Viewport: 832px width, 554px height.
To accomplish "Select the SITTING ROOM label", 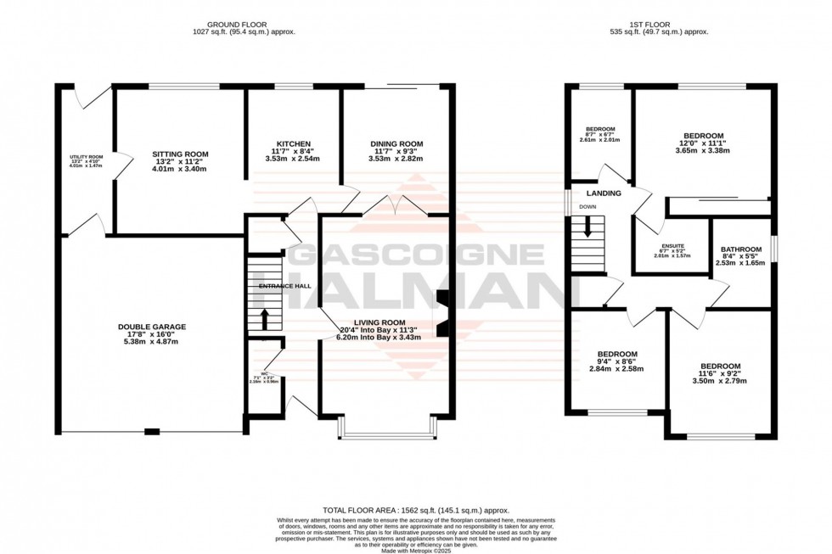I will pos(180,154).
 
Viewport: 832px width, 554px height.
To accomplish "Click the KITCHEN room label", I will pos(293,143).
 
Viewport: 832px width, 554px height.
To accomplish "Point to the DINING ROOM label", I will pos(396,143).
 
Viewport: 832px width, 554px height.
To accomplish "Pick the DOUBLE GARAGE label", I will pos(152,327).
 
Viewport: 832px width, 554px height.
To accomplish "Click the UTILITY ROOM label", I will pos(86,157).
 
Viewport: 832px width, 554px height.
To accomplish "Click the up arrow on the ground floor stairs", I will pos(263,319).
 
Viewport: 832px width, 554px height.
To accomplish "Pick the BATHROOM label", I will pos(740,249).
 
